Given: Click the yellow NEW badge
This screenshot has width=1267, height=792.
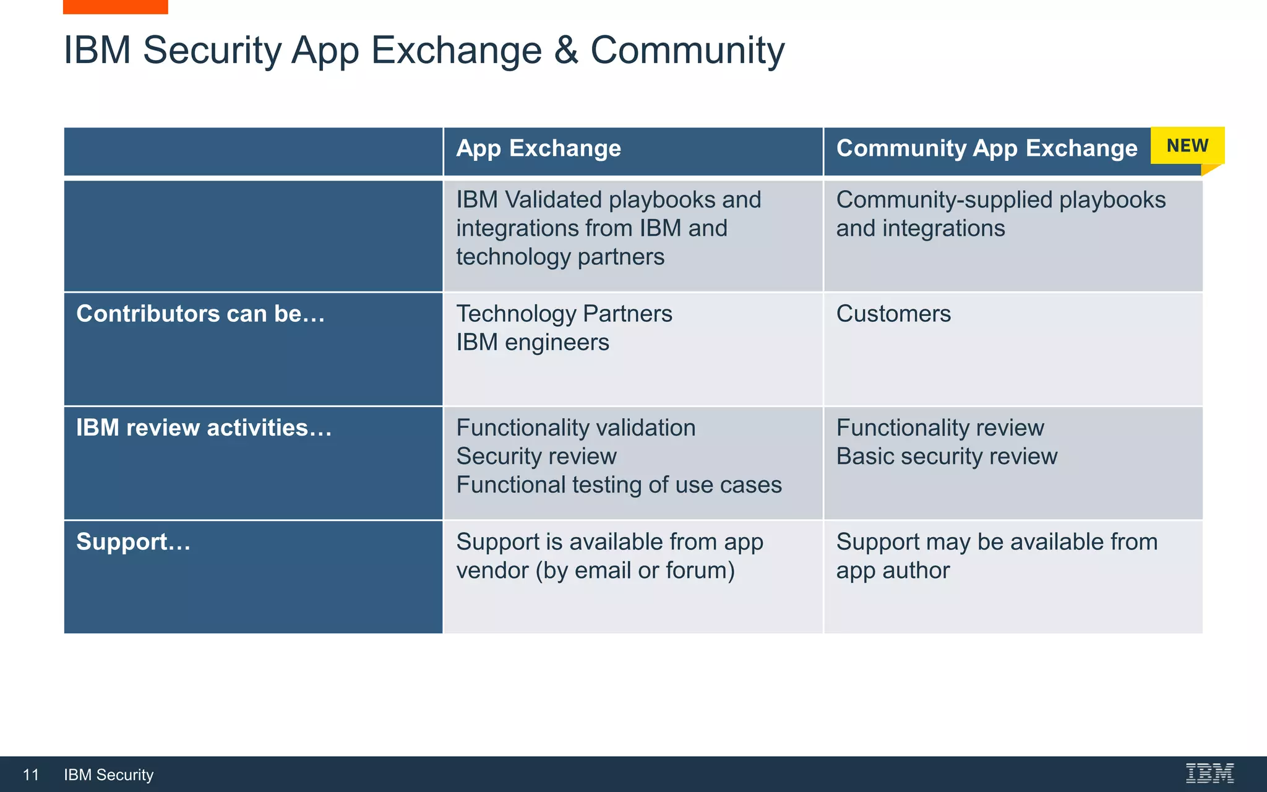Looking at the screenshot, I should tap(1187, 146).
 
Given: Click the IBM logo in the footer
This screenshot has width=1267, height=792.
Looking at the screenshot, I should tap(1209, 773).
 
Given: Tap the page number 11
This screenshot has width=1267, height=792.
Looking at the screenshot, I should tap(31, 775).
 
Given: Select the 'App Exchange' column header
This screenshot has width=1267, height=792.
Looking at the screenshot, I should tap(538, 148).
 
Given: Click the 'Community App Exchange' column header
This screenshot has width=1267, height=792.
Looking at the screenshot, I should tap(986, 148).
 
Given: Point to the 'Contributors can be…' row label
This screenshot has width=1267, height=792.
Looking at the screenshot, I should tap(200, 314).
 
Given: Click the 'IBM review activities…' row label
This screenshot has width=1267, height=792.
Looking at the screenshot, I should tap(204, 428).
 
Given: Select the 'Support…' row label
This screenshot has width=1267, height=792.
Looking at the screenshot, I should tap(133, 542).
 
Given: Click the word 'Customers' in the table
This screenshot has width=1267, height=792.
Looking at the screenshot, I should tap(893, 314).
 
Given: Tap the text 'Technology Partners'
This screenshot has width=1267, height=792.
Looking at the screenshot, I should tap(564, 314).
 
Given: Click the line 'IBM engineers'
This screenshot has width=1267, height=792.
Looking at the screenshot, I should tap(532, 342).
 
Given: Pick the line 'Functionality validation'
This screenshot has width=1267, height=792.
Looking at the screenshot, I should tap(575, 428).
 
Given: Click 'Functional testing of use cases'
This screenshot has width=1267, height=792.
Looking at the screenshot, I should tap(619, 484).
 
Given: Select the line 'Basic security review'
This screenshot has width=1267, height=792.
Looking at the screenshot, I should tap(946, 456).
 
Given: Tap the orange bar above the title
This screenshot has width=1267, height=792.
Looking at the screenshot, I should tap(115, 7).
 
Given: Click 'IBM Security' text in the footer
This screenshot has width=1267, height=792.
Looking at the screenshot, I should tap(108, 775).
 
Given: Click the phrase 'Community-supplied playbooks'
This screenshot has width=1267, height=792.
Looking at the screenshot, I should tap(1000, 200).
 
